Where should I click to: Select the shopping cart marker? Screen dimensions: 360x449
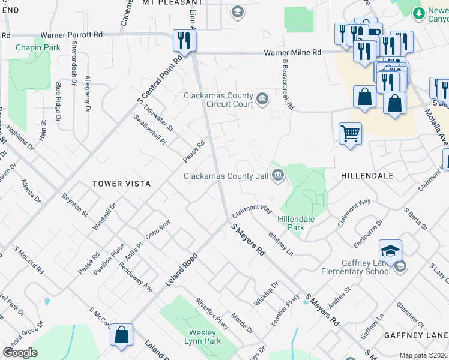350,133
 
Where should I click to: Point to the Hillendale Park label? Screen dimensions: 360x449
296,223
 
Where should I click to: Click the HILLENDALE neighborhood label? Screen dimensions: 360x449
367,176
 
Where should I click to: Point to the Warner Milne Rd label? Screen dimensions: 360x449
293,52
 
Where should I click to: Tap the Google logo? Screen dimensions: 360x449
20,352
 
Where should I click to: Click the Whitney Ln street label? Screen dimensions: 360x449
280,242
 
